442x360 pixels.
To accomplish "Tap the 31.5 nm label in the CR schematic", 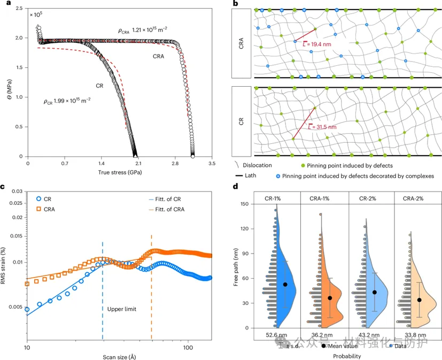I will (x=324, y=127).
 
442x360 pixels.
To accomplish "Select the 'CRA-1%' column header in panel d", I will (x=323, y=198).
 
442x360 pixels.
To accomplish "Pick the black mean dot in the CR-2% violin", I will (x=375, y=292).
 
